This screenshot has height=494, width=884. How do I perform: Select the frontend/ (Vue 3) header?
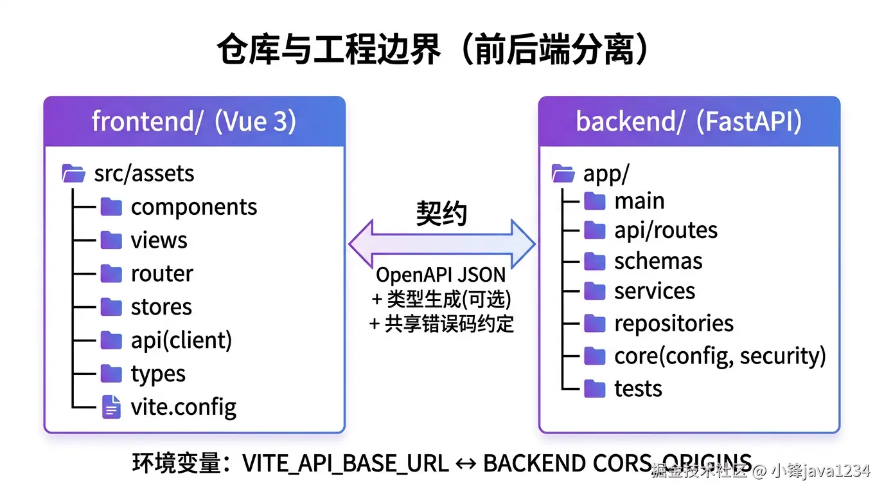pos(194,122)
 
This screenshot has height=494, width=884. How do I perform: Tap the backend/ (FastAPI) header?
pos(689,122)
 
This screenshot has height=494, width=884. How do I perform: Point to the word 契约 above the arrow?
pos(441,213)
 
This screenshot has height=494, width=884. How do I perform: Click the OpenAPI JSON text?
pos(441,275)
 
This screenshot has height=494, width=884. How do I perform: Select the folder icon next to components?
pos(111,207)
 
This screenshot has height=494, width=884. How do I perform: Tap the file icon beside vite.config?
pos(111,407)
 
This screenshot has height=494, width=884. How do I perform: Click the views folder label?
pos(159,241)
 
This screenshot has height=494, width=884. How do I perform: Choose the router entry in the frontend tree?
pos(162,274)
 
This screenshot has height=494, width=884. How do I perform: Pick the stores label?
pos(161,307)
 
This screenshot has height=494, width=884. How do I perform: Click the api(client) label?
pos(181,340)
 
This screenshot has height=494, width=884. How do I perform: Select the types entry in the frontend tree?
pos(158,374)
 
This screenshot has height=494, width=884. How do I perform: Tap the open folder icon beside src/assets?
pos(73,174)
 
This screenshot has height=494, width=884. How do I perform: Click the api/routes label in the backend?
pos(666,230)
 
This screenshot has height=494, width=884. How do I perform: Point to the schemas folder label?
pos(658,261)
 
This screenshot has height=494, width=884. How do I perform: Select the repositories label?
pos(673,324)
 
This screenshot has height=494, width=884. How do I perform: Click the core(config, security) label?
pos(720,356)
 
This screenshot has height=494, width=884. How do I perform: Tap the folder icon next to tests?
pos(594,389)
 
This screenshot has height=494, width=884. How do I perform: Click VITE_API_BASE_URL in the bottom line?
pos(345,464)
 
